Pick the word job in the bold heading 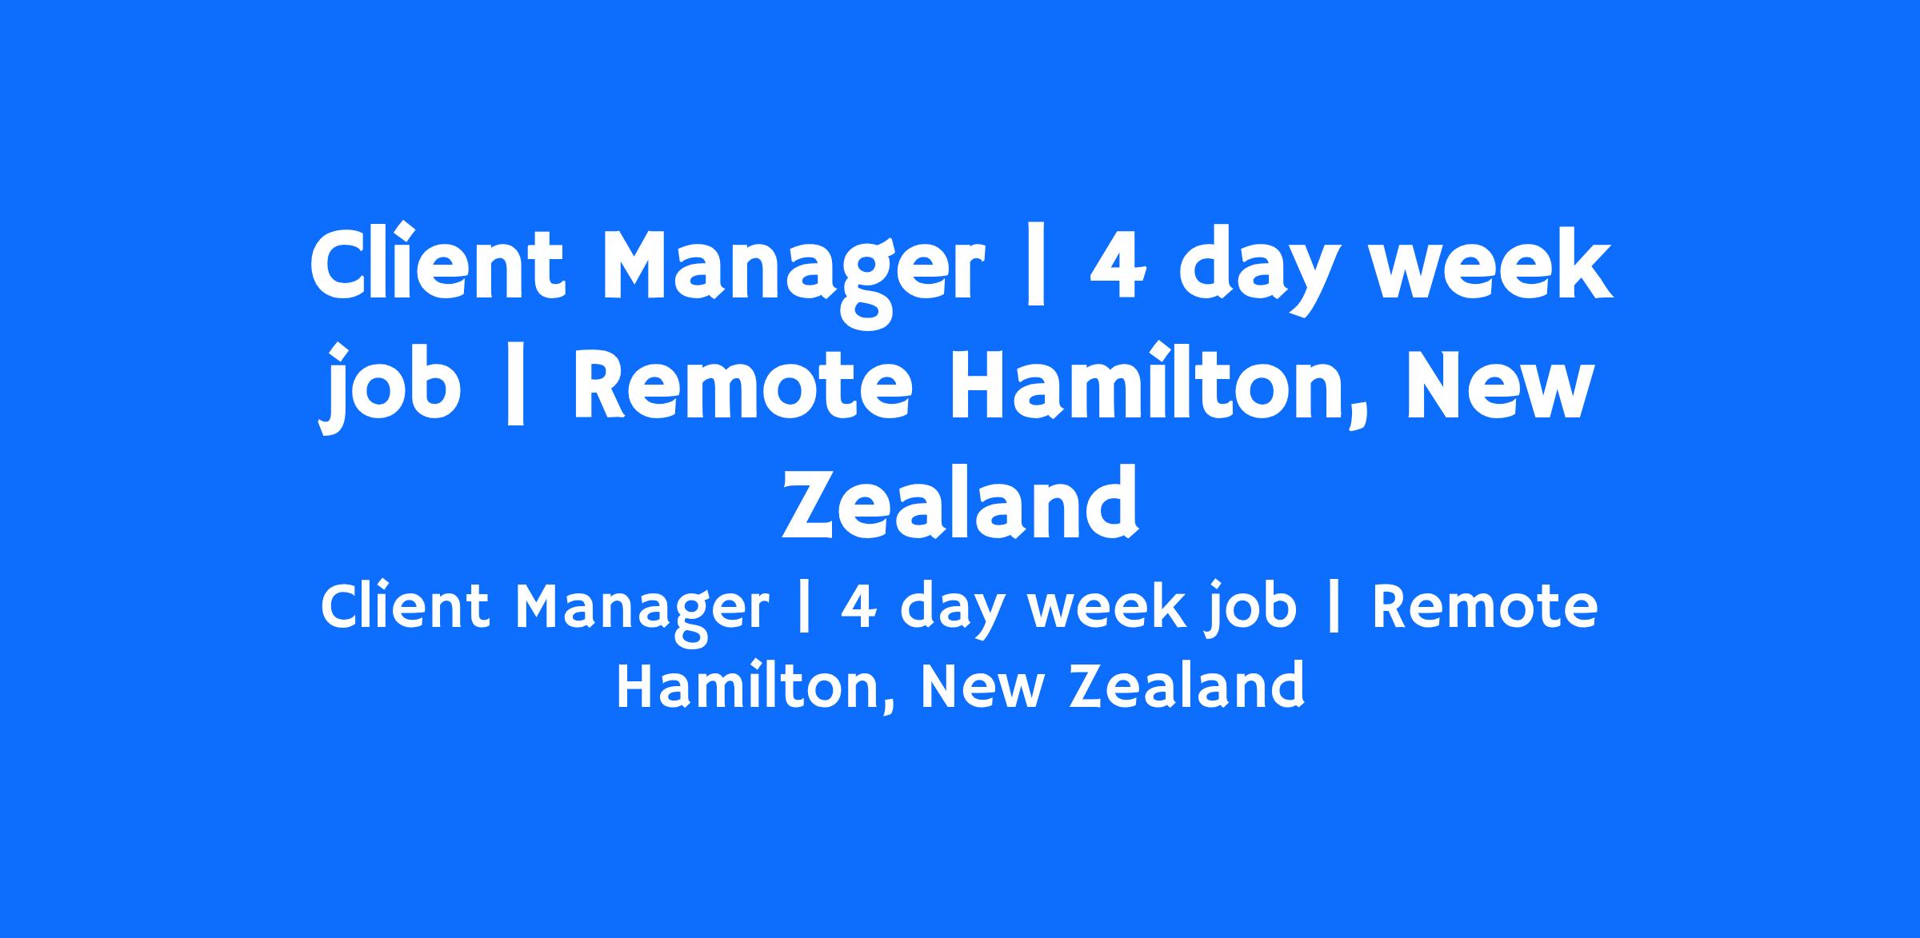click(x=392, y=389)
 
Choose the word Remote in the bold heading click(x=742, y=389)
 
